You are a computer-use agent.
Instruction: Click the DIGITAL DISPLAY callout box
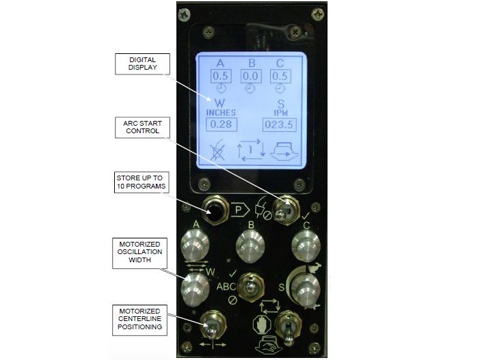tap(142, 64)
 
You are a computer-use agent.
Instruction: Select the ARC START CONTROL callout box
tap(142, 127)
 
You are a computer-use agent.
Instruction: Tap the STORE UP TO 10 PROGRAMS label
tap(142, 182)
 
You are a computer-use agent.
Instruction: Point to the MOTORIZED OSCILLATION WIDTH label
tap(140, 253)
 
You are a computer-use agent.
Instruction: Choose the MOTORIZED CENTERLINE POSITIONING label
tap(140, 320)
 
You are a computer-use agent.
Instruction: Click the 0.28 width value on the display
tap(221, 124)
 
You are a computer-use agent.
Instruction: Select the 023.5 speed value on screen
tap(279, 125)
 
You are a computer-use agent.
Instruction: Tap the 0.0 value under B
tap(251, 76)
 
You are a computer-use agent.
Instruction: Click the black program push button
tap(216, 210)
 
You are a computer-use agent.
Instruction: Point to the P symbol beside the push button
tap(240, 210)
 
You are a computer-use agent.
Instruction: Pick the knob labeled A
tap(195, 246)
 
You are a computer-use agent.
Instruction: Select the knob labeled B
tap(250, 247)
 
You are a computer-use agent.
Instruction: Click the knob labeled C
tap(306, 247)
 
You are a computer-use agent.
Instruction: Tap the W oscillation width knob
tap(195, 289)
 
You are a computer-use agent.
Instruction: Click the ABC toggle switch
tap(251, 288)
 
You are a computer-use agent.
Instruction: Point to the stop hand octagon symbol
tap(262, 324)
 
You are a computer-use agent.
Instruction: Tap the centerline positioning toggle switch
tap(213, 325)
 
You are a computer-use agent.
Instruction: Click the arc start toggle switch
tap(286, 210)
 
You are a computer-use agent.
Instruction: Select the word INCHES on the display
tap(221, 113)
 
